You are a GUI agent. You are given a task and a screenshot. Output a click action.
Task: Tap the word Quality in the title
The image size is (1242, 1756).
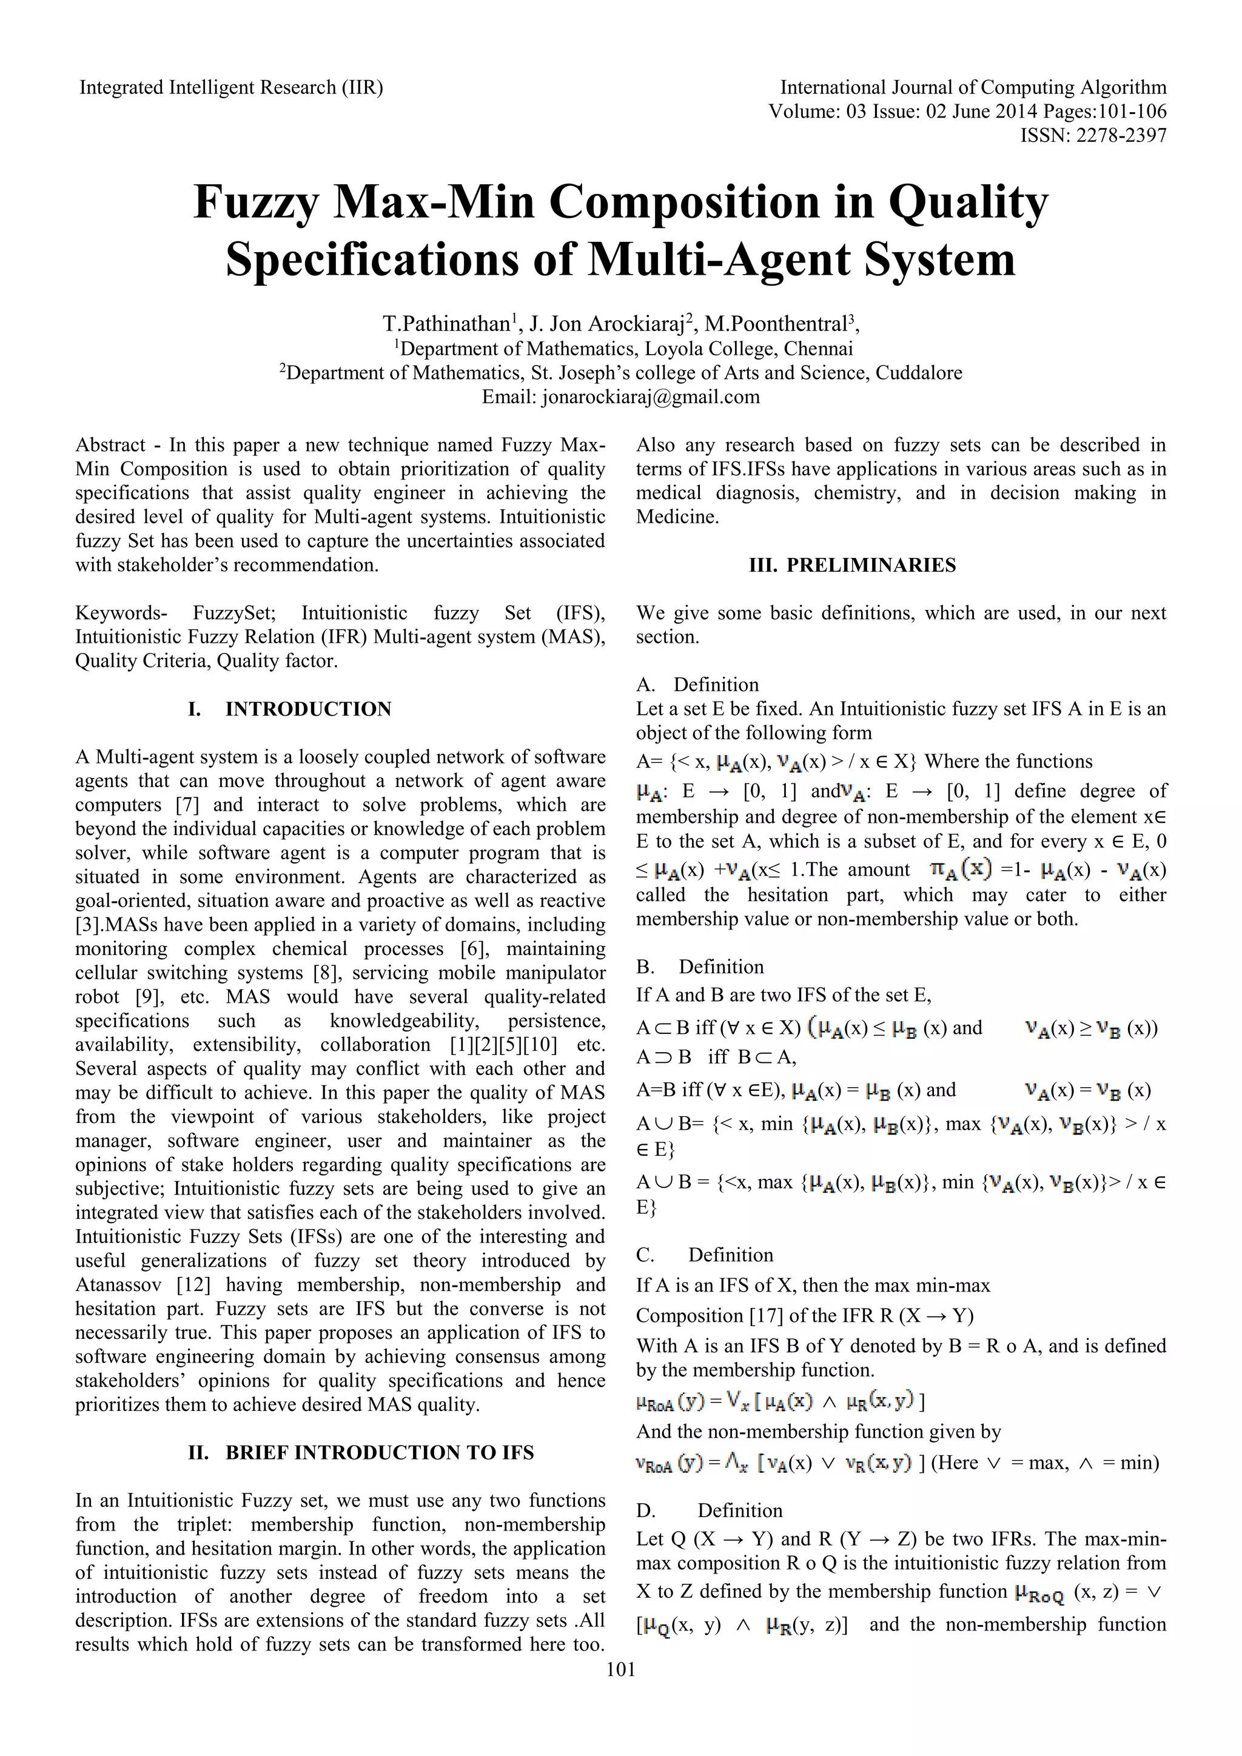967,202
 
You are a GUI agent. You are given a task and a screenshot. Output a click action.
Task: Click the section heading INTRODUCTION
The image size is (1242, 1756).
308,709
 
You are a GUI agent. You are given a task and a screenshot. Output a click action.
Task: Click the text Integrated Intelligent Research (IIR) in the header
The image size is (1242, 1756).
231,88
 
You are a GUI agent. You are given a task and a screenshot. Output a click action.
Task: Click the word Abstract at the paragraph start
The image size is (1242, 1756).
110,445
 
